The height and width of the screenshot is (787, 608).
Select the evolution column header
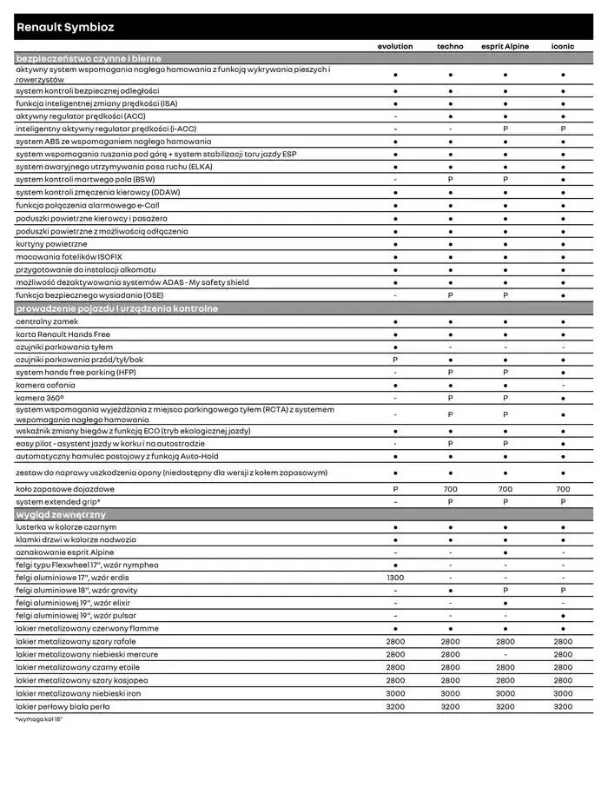[395, 46]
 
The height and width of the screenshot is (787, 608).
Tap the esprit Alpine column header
[506, 46]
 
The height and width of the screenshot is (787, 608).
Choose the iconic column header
[563, 46]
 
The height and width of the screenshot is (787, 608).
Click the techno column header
[450, 46]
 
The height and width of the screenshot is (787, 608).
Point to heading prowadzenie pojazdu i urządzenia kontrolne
[116, 308]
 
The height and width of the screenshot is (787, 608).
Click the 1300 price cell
[395, 578]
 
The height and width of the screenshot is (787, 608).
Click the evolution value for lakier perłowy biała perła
[395, 706]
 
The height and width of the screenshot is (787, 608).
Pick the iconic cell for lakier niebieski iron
[563, 693]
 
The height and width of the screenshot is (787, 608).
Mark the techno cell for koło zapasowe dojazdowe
[450, 489]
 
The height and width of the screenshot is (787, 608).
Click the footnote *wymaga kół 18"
[39, 719]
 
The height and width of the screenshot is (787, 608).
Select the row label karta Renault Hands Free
[63, 334]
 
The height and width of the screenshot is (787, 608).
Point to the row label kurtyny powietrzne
[51, 244]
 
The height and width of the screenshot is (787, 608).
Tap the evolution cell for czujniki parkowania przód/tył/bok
[395, 360]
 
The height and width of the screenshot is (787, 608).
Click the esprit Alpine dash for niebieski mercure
[506, 654]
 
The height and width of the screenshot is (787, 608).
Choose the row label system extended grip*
[57, 501]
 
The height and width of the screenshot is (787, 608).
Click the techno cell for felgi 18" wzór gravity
[450, 590]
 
